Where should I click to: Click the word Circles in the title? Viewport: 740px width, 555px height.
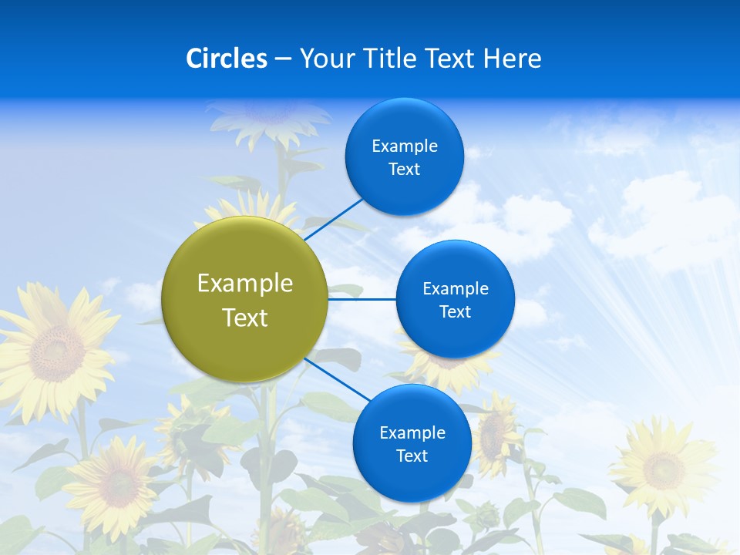coord(226,59)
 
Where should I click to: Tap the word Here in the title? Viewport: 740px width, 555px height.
coord(513,59)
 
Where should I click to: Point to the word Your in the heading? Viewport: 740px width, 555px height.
coord(326,59)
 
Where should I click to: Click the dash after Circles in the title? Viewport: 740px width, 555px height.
coord(282,59)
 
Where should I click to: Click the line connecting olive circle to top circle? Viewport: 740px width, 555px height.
coord(333,219)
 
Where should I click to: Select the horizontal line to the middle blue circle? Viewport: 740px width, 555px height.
coord(362,298)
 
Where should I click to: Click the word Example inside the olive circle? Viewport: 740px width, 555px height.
coord(245,284)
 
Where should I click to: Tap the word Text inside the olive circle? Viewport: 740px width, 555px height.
coord(245,318)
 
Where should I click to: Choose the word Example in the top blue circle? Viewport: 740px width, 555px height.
coord(405,146)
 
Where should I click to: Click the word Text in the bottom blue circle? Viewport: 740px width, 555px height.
coord(412,456)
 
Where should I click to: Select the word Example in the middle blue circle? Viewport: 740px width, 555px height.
coord(456,289)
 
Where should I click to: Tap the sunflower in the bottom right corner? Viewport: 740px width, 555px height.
coord(663,466)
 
